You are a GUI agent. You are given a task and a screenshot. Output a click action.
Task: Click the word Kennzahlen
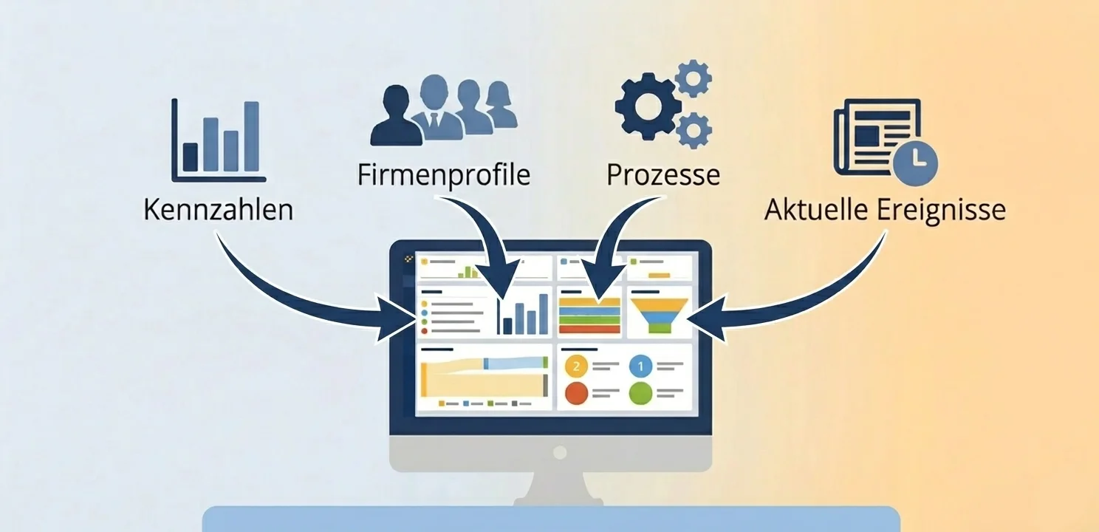point(218,209)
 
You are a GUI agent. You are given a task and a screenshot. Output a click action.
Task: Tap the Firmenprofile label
point(443,175)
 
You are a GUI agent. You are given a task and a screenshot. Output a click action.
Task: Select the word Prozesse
point(663,175)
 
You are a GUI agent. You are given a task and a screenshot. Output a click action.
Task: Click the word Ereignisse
point(942,209)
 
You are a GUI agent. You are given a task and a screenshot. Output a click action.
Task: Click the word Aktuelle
point(818,209)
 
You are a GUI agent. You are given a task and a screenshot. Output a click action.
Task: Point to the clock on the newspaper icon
point(914,163)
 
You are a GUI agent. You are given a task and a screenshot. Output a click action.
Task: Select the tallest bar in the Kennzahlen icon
point(251,136)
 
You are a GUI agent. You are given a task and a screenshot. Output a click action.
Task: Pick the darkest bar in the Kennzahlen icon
point(191,157)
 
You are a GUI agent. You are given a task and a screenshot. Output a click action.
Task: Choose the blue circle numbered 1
point(640,366)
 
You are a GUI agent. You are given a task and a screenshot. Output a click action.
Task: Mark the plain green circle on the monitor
point(640,392)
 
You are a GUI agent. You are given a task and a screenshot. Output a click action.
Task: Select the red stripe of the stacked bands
point(589,329)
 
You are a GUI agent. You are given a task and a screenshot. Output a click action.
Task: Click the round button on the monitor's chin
point(560,452)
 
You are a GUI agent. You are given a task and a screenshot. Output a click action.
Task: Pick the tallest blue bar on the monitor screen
point(544,313)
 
